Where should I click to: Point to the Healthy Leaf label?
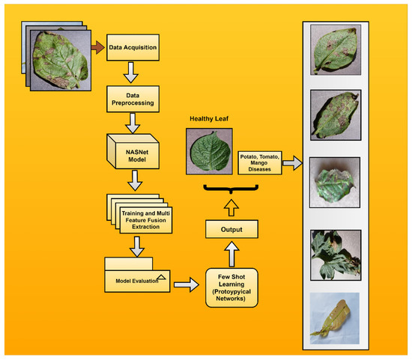(x=207, y=117)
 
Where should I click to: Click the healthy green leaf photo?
(x=207, y=150)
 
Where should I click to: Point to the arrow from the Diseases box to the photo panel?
(x=293, y=162)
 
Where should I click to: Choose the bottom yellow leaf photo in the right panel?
(x=336, y=315)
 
